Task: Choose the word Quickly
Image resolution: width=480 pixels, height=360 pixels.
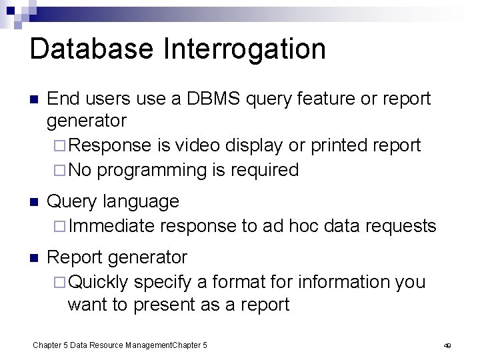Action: (99, 281)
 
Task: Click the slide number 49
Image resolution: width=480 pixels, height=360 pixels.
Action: (448, 345)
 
